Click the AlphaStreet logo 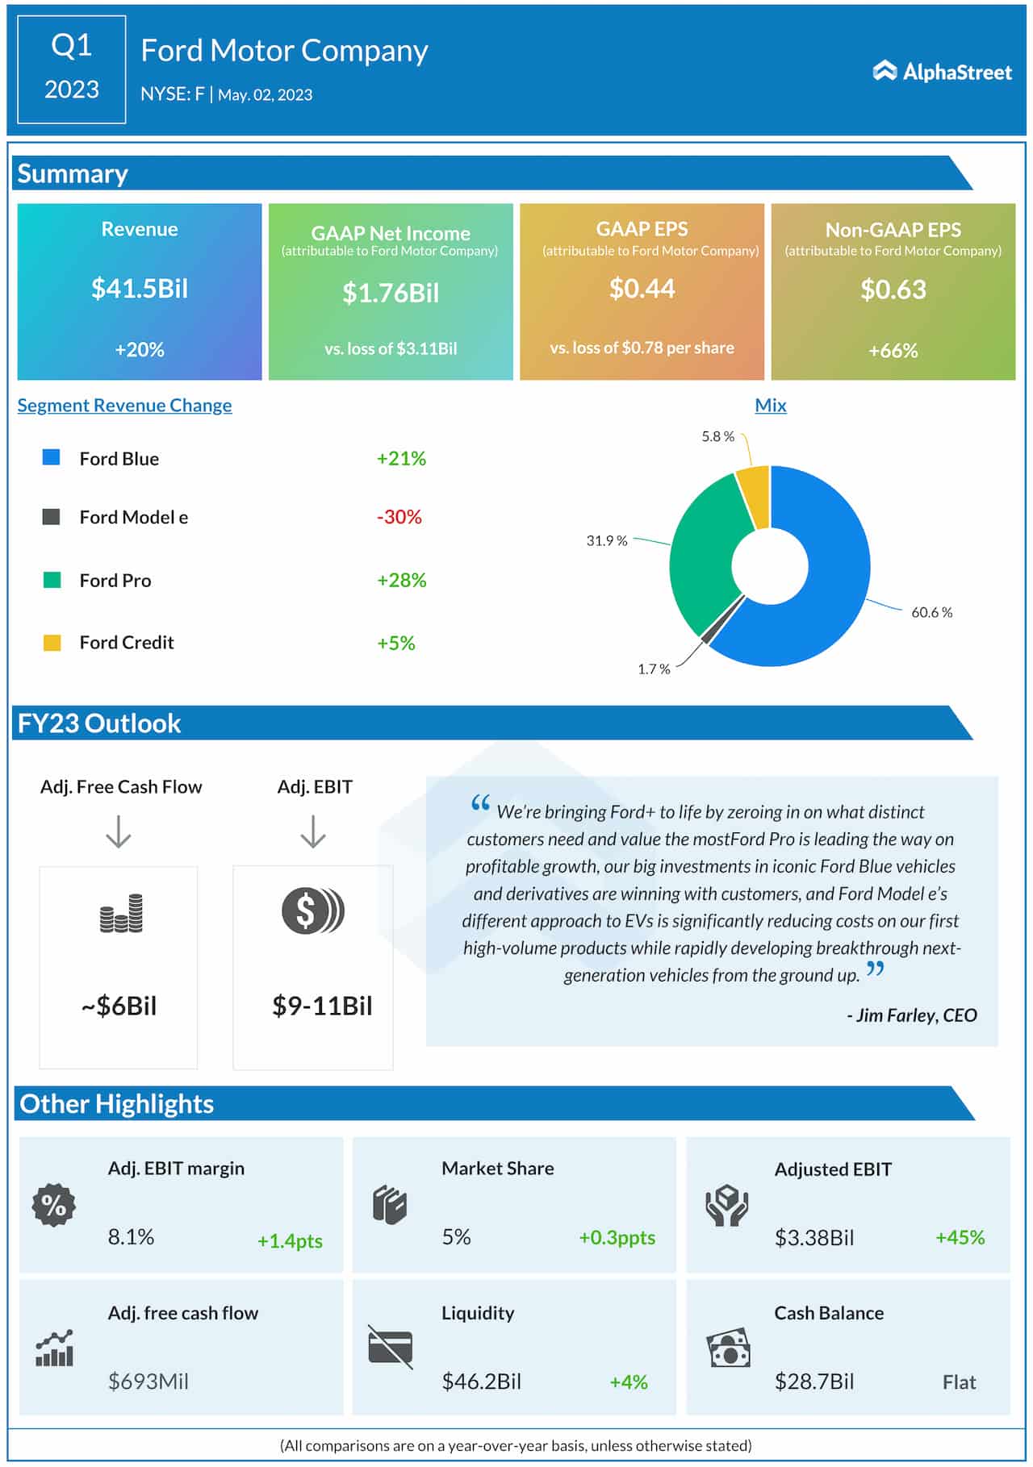pyautogui.click(x=942, y=72)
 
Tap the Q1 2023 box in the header pyautogui.click(x=71, y=69)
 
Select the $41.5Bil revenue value pyautogui.click(x=140, y=288)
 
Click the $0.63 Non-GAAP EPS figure pyautogui.click(x=893, y=290)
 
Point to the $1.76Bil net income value pyautogui.click(x=391, y=293)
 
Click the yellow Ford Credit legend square pyautogui.click(x=52, y=643)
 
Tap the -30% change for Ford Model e pyautogui.click(x=399, y=517)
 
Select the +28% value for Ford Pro pyautogui.click(x=401, y=580)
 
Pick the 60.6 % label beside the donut pyautogui.click(x=931, y=612)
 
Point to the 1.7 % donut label pyautogui.click(x=654, y=669)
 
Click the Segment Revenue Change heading pyautogui.click(x=124, y=405)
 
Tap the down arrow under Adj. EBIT pyautogui.click(x=313, y=831)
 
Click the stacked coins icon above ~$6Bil pyautogui.click(x=121, y=914)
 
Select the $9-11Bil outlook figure pyautogui.click(x=322, y=1006)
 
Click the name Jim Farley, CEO pyautogui.click(x=912, y=1015)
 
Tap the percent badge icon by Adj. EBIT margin pyautogui.click(x=54, y=1206)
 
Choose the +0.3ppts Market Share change pyautogui.click(x=617, y=1237)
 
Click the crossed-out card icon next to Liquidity pyautogui.click(x=390, y=1347)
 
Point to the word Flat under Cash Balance pyautogui.click(x=959, y=1382)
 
